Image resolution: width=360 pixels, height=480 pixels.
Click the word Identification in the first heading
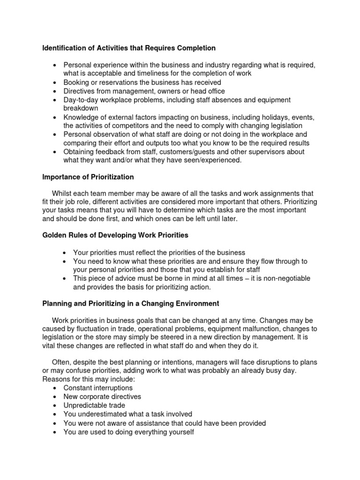64,48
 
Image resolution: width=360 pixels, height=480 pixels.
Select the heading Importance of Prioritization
88,177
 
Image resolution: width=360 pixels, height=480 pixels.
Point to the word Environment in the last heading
193,304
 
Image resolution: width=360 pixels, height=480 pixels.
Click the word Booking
77,82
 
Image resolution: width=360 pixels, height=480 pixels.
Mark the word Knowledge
81,117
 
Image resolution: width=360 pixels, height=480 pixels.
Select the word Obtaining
80,152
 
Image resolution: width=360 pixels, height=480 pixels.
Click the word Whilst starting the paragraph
63,194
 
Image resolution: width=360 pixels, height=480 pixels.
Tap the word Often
61,362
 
